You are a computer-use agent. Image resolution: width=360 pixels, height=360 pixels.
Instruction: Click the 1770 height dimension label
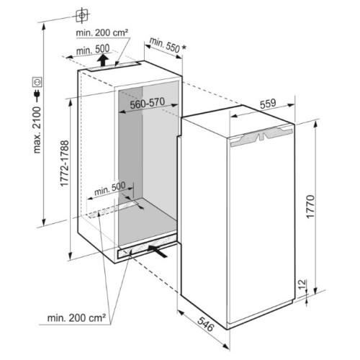tap(310, 207)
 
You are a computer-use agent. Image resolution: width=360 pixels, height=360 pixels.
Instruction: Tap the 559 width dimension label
tap(268, 104)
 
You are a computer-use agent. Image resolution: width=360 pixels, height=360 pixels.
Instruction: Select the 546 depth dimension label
tap(206, 324)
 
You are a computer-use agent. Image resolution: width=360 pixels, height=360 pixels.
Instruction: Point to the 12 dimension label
tap(303, 284)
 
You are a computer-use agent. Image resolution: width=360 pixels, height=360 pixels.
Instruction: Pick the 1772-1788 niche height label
tap(65, 163)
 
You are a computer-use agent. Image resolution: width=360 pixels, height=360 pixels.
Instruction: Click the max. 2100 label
tap(37, 130)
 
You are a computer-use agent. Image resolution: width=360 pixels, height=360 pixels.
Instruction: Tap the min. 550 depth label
tap(165, 45)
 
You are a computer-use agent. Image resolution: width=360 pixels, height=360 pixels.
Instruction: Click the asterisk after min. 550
tap(184, 48)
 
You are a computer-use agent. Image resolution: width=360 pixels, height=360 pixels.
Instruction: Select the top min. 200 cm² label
tap(102, 32)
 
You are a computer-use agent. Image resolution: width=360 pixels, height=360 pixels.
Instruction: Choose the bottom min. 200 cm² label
tap(76, 318)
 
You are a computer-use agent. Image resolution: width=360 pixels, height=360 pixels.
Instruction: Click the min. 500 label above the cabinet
tap(93, 50)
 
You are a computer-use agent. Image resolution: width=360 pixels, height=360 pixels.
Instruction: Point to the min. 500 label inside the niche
tap(110, 189)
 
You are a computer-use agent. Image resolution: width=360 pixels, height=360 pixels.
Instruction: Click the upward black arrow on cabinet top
tap(104, 60)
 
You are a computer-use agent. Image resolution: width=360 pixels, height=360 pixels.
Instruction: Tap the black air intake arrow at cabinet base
tap(157, 251)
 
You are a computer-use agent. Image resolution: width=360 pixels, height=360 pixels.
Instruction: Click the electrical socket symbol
tap(37, 82)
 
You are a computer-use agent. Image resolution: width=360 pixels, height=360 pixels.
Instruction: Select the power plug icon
tap(37, 95)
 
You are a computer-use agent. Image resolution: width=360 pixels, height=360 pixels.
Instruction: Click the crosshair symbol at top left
tap(82, 15)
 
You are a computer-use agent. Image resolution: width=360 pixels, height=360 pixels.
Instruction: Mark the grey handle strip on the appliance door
tap(261, 137)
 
